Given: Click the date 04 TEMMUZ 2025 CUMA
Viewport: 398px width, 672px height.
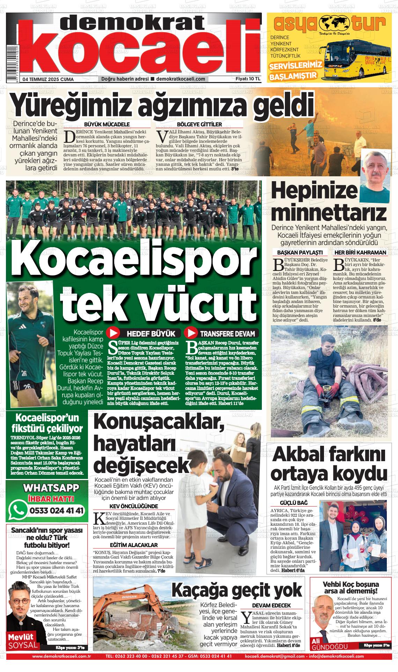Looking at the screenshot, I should [48, 79].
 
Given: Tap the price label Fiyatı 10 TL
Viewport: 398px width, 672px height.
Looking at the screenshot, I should [248, 79].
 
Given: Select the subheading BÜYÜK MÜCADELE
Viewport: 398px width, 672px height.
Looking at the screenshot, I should [107, 124].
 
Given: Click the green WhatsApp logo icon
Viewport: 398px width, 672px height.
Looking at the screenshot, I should [19, 510].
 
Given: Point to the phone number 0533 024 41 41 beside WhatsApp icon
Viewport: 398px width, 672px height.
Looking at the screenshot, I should [57, 510].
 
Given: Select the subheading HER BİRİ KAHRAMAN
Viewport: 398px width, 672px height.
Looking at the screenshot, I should [360, 252].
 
